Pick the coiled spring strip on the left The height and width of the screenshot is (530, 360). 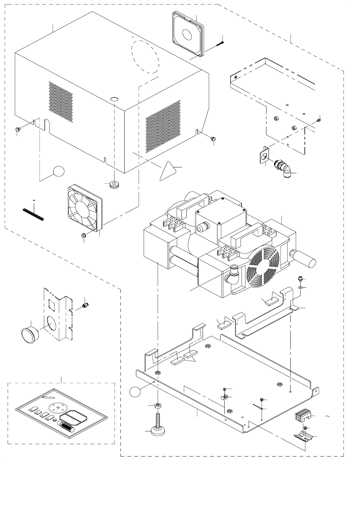(33, 214)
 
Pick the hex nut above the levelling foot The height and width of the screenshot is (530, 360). (158, 405)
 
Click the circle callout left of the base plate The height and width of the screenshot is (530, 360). (136, 392)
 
